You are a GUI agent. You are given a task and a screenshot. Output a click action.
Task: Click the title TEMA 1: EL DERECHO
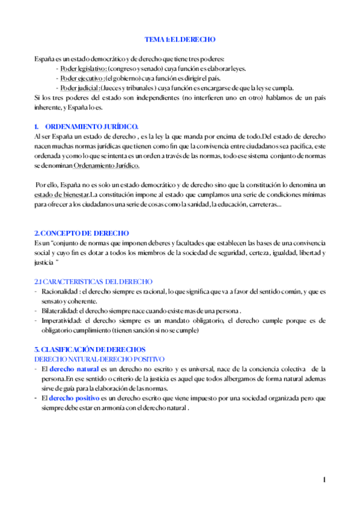[x=180, y=40]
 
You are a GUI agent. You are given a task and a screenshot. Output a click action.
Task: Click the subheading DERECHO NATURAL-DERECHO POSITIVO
[x=99, y=358]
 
